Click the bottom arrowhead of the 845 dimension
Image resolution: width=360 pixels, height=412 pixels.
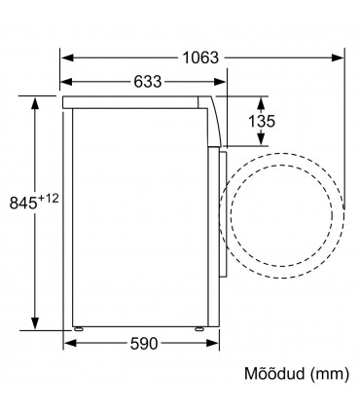click(x=37, y=326)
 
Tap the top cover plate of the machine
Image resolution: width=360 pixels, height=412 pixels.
click(x=136, y=99)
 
